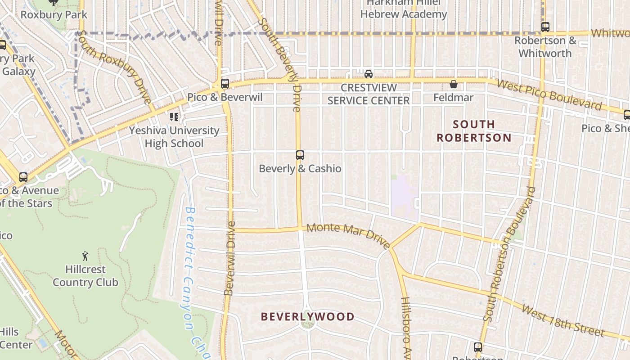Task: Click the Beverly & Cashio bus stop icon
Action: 300,155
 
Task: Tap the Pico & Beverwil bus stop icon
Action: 225,83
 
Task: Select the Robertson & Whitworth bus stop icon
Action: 545,27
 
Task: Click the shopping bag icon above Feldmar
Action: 454,84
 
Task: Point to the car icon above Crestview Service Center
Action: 369,74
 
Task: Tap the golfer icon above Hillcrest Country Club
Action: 85,256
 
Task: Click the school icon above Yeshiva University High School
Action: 174,117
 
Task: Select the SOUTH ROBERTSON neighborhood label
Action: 474,131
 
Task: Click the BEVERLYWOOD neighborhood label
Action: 308,317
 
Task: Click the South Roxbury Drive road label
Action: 114,67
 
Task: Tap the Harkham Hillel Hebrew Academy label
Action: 404,9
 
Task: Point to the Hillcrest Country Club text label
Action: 85,276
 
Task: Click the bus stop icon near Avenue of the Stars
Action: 23,177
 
